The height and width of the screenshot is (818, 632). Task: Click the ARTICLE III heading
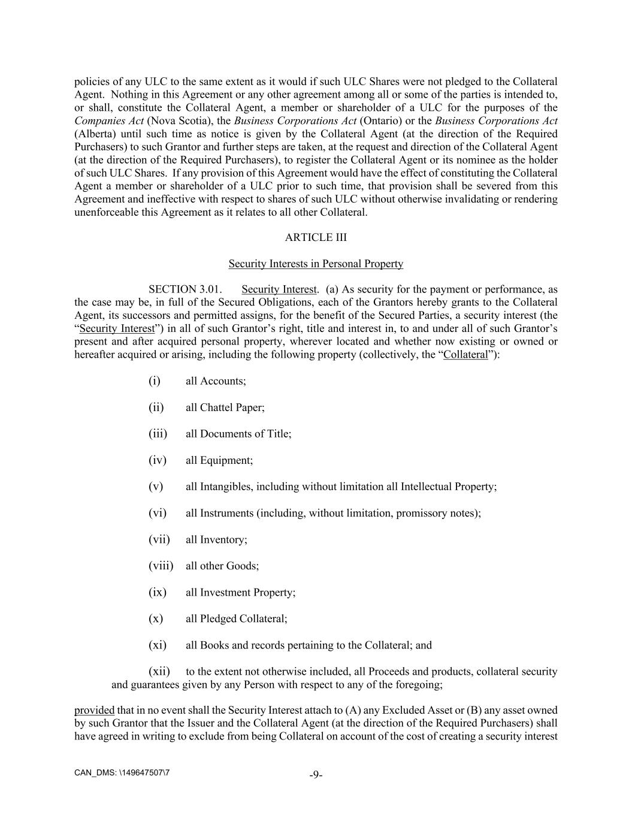click(316, 237)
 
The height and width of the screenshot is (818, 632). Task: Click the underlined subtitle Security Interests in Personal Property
click(316, 264)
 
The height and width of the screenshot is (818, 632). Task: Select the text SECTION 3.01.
click(189, 290)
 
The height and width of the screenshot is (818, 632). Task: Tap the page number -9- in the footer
click(316, 775)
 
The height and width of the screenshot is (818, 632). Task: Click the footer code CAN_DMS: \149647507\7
click(122, 772)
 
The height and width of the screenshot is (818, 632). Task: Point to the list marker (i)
click(155, 381)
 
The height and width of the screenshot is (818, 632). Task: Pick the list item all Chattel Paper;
click(225, 408)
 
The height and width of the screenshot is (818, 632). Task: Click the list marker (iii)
click(158, 434)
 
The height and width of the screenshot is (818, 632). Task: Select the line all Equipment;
click(219, 460)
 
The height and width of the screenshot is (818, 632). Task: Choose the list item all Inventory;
click(216, 539)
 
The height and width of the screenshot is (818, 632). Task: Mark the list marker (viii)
click(161, 566)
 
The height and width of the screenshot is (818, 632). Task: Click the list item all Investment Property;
click(240, 592)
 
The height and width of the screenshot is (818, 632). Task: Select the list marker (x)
click(156, 618)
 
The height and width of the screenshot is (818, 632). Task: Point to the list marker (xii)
click(159, 671)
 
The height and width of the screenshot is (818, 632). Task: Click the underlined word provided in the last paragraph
click(94, 711)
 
